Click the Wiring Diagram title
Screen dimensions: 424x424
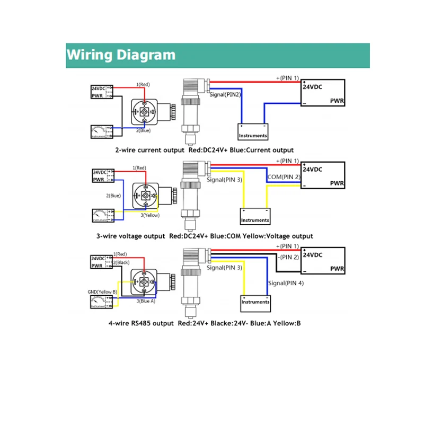[x=121, y=55]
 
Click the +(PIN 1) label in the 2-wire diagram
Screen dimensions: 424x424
[x=287, y=78]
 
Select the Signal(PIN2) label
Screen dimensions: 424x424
[x=226, y=94]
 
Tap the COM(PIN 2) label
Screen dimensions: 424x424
[x=284, y=176]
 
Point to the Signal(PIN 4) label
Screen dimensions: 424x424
[x=286, y=283]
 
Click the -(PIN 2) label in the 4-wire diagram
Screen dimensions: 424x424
[x=289, y=257]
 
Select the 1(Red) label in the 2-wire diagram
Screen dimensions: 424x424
[x=143, y=84]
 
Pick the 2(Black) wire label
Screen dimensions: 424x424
[x=121, y=262]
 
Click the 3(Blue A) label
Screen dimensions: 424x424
[x=146, y=301]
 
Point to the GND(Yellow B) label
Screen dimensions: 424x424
[x=102, y=291]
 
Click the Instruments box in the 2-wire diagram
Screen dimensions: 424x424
[x=253, y=132]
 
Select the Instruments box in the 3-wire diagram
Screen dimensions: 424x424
[x=255, y=216]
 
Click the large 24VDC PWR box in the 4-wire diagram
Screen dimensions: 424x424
[x=323, y=261]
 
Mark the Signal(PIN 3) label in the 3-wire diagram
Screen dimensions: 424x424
[x=225, y=180]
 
